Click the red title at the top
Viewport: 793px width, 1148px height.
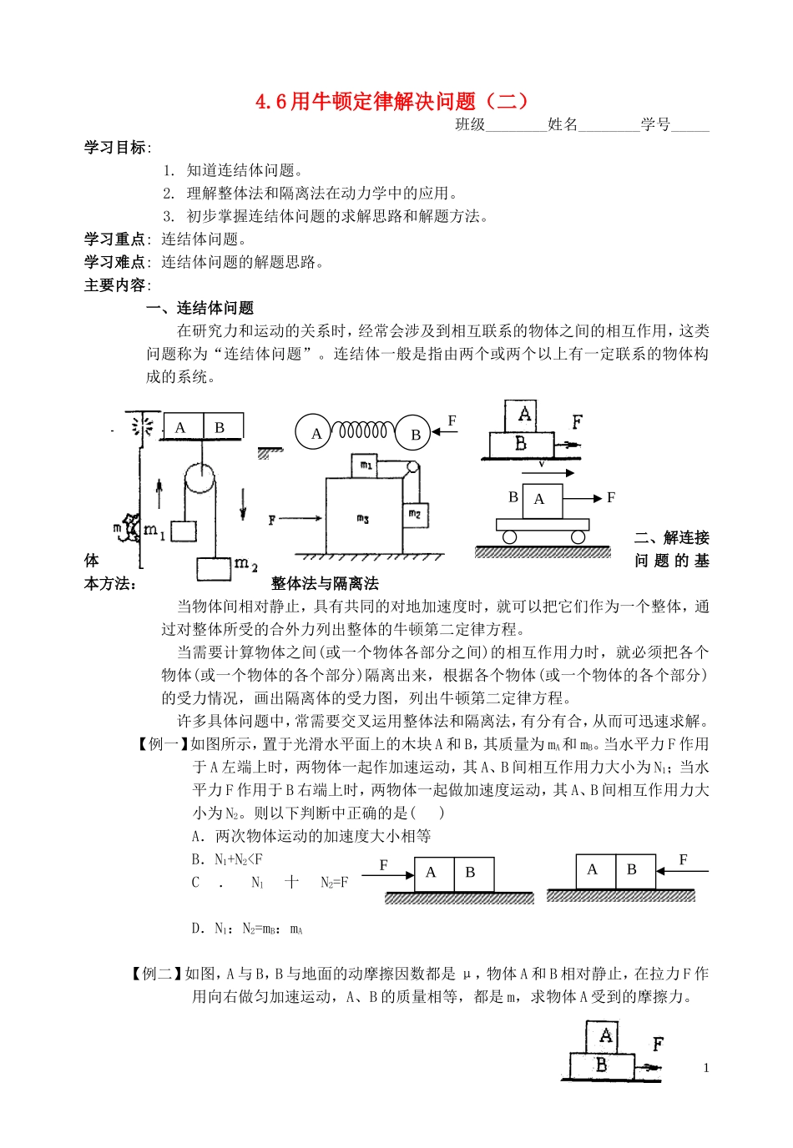(392, 102)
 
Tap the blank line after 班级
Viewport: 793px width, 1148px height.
(515, 126)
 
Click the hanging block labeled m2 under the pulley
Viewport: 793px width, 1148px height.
(214, 568)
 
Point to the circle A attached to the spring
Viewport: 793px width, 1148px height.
(315, 433)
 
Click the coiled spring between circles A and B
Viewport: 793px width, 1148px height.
(364, 431)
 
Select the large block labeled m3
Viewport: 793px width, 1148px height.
(363, 517)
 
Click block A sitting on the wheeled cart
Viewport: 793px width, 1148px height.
(541, 500)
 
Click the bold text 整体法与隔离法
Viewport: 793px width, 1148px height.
(324, 584)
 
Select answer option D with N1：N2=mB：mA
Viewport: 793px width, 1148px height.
(247, 928)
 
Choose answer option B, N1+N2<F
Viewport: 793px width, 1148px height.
(227, 859)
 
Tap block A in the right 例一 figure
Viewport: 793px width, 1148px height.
(593, 870)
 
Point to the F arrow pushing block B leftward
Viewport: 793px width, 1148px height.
(682, 871)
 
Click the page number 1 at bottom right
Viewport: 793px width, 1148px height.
(706, 1068)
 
